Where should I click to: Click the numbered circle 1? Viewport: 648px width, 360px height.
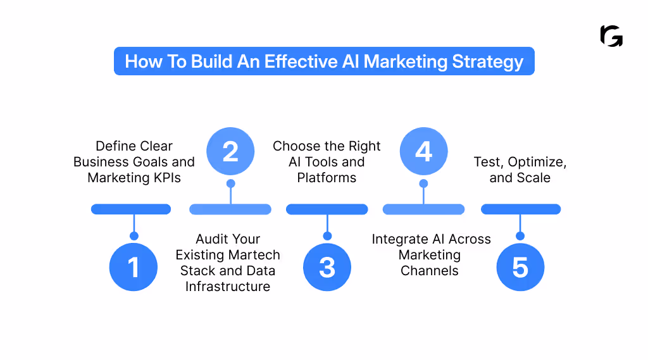pyautogui.click(x=134, y=267)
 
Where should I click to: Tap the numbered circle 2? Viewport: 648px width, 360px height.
pyautogui.click(x=230, y=152)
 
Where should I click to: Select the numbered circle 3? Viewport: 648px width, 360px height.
pyautogui.click(x=327, y=267)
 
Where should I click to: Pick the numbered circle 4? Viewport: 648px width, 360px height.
pyautogui.click(x=423, y=152)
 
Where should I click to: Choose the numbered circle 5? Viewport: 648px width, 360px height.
pyautogui.click(x=520, y=267)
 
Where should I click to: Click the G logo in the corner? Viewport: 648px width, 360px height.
pyautogui.click(x=611, y=36)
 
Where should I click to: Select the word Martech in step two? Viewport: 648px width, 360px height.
pyautogui.click(x=253, y=255)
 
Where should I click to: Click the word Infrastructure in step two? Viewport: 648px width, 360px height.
pyautogui.click(x=228, y=287)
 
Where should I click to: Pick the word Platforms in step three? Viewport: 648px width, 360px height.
pyautogui.click(x=327, y=178)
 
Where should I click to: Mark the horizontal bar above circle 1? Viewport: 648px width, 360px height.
pyautogui.click(x=131, y=209)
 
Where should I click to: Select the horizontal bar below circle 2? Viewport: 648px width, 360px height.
pyautogui.click(x=230, y=209)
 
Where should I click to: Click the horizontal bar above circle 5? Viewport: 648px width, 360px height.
pyautogui.click(x=521, y=209)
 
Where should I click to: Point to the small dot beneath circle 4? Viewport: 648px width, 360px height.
pyautogui.click(x=423, y=183)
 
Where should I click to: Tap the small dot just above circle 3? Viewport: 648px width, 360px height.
pyautogui.click(x=327, y=236)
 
